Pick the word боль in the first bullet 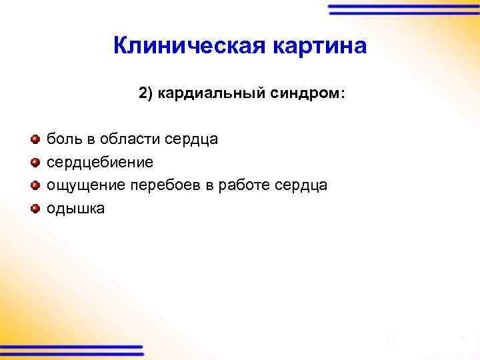pyautogui.click(x=61, y=139)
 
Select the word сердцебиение pyautogui.click(x=99, y=162)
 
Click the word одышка pyautogui.click(x=75, y=208)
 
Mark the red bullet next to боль pyautogui.click(x=35, y=139)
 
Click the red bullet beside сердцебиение pyautogui.click(x=35, y=162)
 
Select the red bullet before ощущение pyautogui.click(x=35, y=185)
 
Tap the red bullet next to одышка pyautogui.click(x=35, y=208)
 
